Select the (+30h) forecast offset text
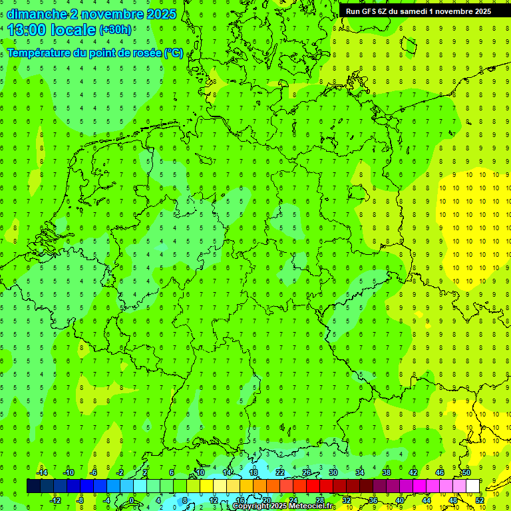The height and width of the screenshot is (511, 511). pos(115,30)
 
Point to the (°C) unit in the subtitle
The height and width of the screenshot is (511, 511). pos(174,53)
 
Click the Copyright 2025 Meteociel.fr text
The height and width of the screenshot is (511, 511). pos(283,506)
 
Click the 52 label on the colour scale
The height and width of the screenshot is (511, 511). pos(480,500)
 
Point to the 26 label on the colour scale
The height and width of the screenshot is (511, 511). pos(307,472)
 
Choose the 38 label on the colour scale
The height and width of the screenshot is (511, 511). pos(387,472)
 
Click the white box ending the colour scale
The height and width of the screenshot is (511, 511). pos(473,486)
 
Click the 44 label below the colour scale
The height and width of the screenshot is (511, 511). pos(426,500)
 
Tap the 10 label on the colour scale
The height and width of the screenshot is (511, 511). pos(200,472)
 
